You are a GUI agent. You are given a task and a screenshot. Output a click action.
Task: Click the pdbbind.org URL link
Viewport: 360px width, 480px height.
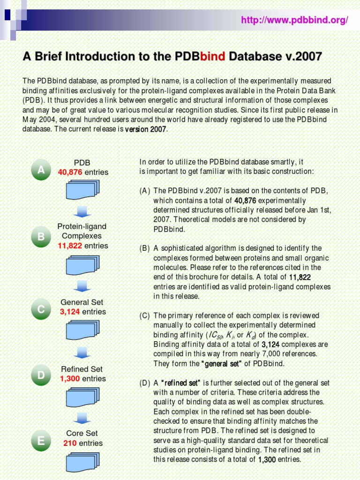point(294,20)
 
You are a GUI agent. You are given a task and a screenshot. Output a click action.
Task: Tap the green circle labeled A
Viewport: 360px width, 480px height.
point(41,170)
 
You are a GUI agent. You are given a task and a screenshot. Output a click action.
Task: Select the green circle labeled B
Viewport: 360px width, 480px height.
point(41,238)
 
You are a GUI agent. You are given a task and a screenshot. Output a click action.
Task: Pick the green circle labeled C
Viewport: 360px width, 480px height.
point(41,309)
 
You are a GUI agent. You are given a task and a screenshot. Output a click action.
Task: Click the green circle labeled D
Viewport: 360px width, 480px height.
point(41,375)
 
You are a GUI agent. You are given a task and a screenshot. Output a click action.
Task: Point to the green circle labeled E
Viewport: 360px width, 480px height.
point(41,441)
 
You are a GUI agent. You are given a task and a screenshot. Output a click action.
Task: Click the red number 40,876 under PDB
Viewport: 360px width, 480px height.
point(70,172)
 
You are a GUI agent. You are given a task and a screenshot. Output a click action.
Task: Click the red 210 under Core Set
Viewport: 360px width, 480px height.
point(70,443)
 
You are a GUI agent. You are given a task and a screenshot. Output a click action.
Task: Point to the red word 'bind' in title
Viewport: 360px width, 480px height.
point(213,57)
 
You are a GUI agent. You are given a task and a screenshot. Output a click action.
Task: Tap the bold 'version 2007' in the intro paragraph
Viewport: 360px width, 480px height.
point(145,129)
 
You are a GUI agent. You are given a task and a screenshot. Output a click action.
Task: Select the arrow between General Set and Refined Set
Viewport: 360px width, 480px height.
point(82,352)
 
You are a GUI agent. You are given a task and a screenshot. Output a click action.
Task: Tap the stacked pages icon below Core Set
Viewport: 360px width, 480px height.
point(82,461)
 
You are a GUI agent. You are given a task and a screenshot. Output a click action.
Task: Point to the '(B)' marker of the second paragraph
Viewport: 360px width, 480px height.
point(145,248)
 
